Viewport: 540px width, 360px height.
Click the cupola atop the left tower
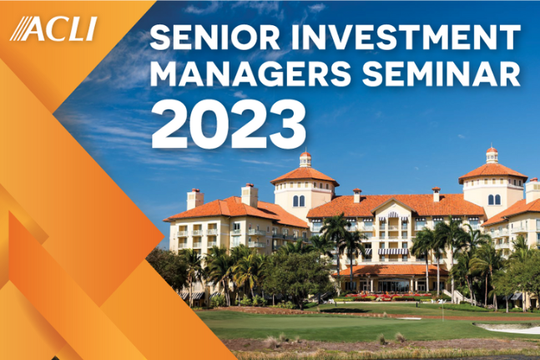305,158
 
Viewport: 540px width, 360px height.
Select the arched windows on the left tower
305,200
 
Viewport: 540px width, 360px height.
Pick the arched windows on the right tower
493,200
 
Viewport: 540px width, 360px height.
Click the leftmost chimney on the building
194,198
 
